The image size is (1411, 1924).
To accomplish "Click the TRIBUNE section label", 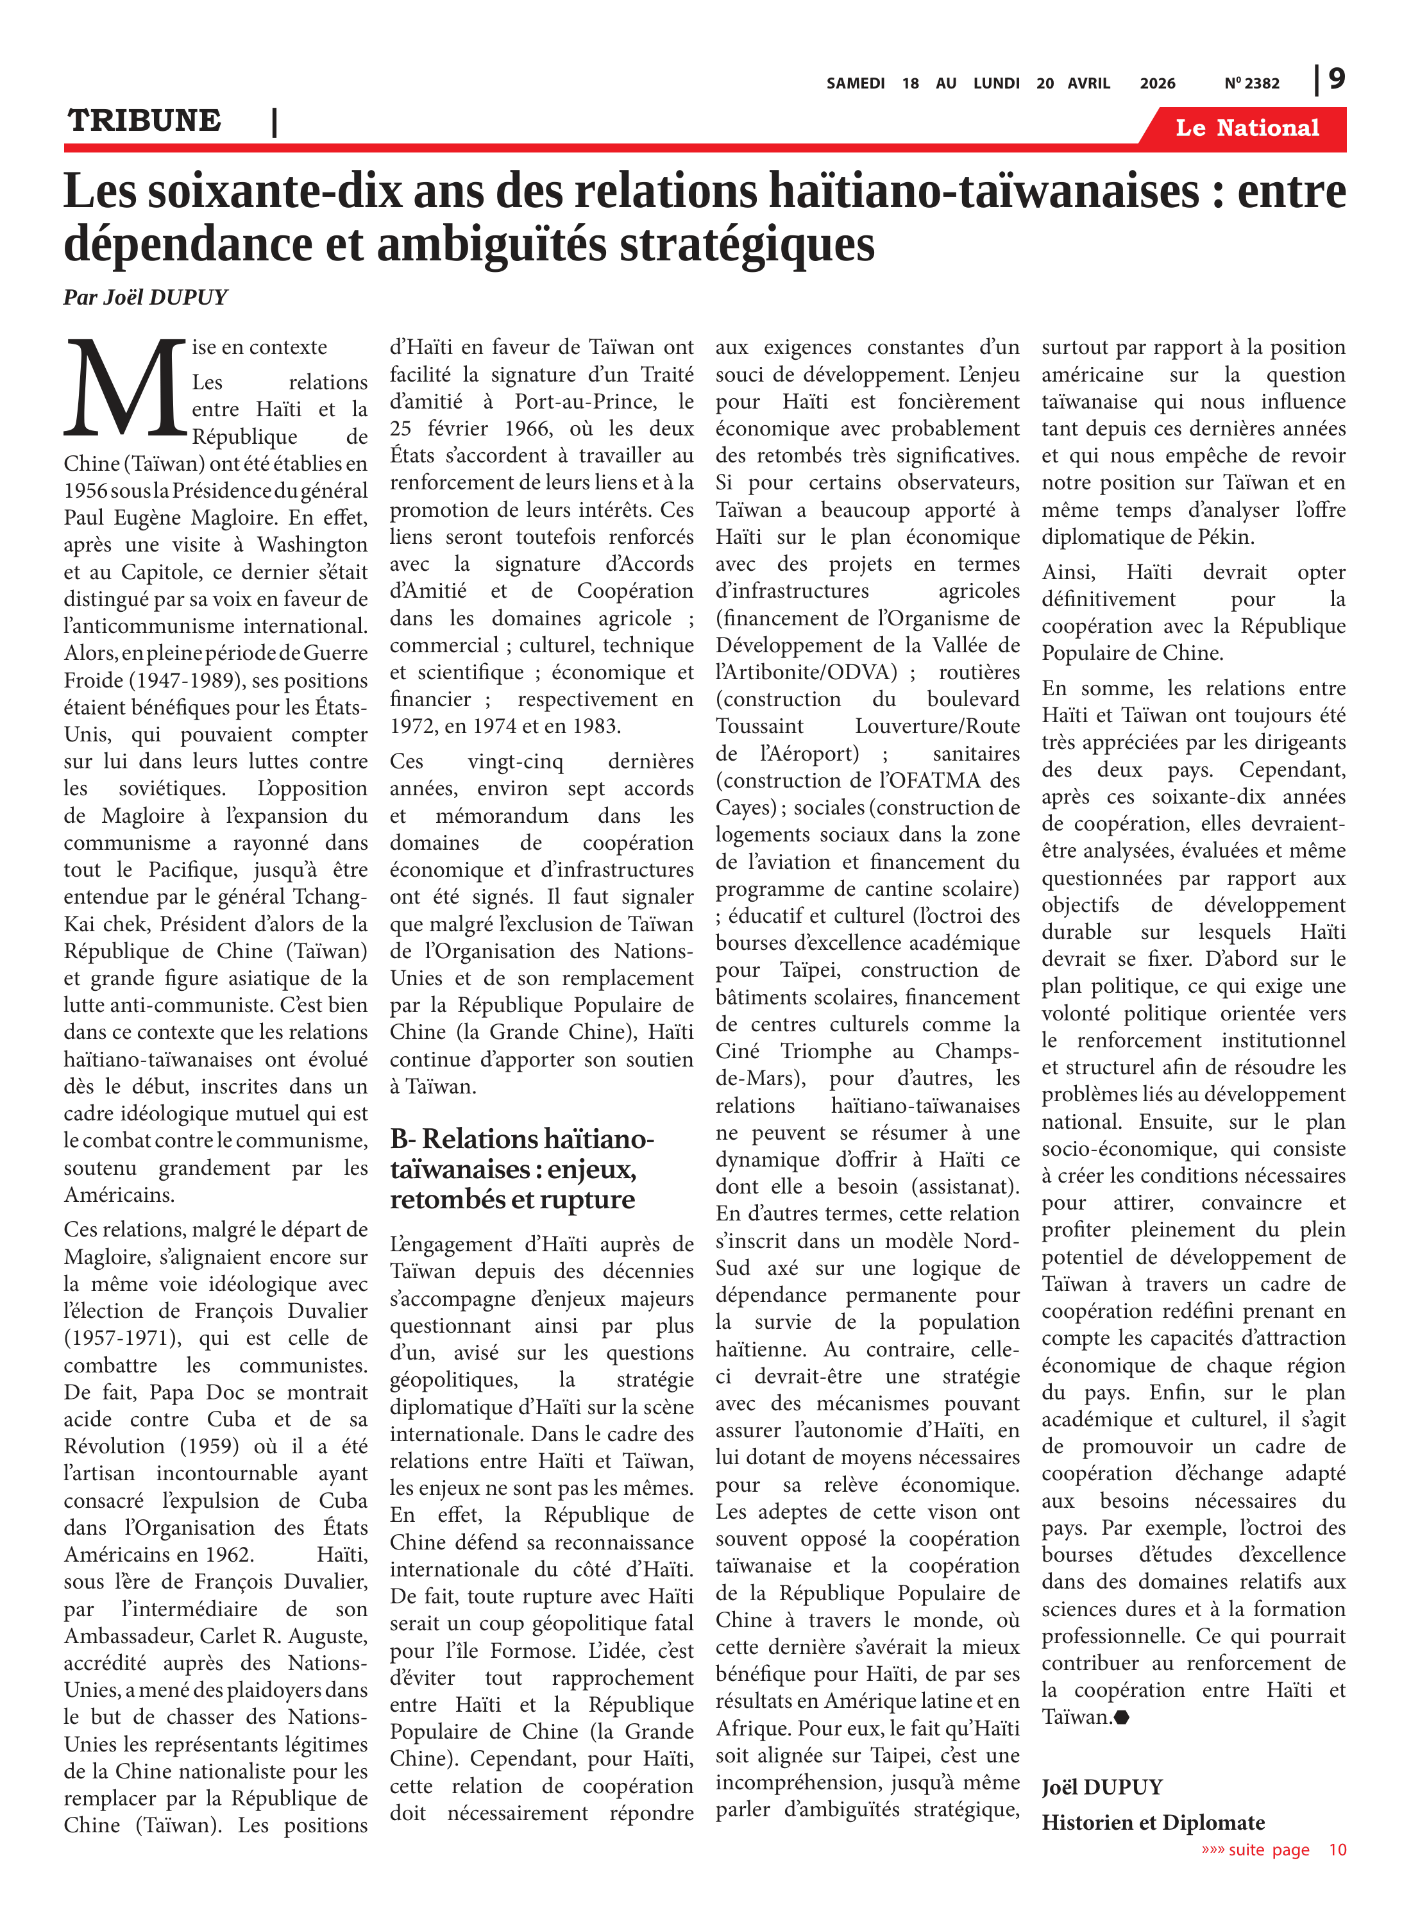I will [144, 121].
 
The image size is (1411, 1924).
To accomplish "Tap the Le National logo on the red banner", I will [1246, 128].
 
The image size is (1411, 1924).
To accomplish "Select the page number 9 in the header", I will [1336, 80].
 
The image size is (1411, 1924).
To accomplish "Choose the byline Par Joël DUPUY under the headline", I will [145, 297].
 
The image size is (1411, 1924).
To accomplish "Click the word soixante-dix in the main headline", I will [274, 190].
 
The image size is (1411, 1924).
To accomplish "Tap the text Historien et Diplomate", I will [1152, 1823].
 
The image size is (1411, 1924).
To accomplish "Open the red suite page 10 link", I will [1274, 1850].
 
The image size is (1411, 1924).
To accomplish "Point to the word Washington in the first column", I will [312, 545].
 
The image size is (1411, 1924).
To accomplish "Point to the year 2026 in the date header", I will [1156, 83].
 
